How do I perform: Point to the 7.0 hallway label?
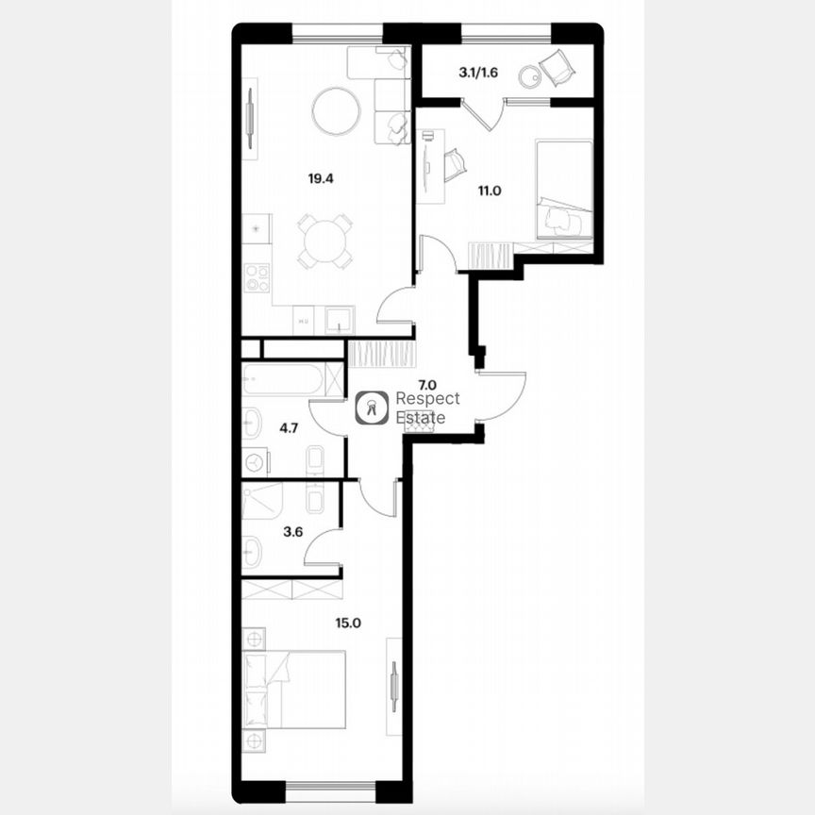pyautogui.click(x=426, y=384)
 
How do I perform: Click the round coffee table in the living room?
pyautogui.click(x=336, y=111)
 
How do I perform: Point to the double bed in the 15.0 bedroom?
pyautogui.click(x=294, y=690)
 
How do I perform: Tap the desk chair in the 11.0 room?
pyautogui.click(x=455, y=165)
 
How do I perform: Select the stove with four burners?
pyautogui.click(x=257, y=277)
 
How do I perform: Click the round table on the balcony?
pyautogui.click(x=530, y=74)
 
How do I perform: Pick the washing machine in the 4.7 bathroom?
pyautogui.click(x=255, y=462)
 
